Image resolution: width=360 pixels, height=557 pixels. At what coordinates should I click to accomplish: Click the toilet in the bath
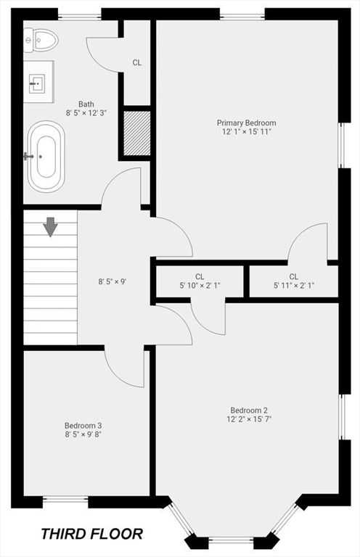click(41, 41)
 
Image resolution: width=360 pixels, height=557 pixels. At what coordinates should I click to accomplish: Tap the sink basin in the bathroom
click(37, 83)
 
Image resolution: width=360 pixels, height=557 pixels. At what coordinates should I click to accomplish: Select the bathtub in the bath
click(46, 157)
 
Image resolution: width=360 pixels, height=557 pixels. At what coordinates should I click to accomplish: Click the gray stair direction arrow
click(51, 226)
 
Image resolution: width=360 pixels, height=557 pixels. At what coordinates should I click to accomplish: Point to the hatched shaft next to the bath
click(137, 133)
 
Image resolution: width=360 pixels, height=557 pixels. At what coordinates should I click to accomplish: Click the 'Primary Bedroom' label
click(246, 123)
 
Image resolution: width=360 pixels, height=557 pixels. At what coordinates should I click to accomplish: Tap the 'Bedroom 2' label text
click(249, 410)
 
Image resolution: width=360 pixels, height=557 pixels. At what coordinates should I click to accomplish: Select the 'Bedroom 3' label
click(83, 425)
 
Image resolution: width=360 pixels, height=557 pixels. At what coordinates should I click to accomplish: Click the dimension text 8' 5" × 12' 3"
click(86, 113)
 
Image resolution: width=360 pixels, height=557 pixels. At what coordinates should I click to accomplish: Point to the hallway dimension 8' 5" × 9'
click(112, 282)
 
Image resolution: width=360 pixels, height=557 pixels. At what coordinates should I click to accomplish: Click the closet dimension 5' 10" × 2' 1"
click(200, 285)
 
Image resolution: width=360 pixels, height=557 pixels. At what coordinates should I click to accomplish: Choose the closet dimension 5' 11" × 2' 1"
click(294, 285)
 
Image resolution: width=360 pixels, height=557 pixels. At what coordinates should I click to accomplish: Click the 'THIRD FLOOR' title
click(92, 534)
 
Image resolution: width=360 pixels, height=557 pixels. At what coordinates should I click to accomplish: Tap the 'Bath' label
click(86, 104)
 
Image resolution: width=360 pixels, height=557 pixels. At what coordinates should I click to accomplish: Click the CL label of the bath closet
click(137, 63)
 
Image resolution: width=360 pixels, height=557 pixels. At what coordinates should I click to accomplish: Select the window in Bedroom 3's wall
click(65, 500)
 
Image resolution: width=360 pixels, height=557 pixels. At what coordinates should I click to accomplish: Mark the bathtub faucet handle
click(28, 157)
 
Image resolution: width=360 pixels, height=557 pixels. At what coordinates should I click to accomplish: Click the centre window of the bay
click(231, 540)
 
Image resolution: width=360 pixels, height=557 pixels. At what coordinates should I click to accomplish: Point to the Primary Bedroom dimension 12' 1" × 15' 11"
click(246, 132)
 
